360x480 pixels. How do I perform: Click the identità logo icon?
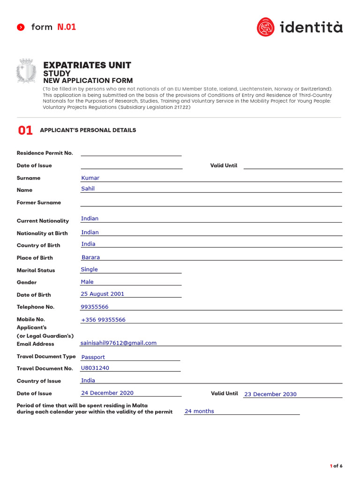[266, 27]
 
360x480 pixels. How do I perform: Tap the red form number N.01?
[67, 27]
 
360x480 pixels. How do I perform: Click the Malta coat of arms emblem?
[26, 71]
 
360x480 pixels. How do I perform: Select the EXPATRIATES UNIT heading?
[87, 65]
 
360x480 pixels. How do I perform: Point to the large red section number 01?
[25, 131]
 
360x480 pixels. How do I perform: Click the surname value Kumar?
[90, 178]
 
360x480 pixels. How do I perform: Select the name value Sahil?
[88, 188]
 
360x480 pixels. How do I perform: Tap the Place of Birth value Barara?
[90, 257]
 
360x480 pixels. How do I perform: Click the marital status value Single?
[89, 270]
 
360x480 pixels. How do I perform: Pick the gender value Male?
[87, 282]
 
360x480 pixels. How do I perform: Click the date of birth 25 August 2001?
[102, 294]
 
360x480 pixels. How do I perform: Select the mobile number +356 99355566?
[103, 320]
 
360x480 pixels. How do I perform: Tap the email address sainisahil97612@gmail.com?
[118, 343]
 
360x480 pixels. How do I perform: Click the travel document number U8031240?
[95, 368]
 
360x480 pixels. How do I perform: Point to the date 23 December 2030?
[270, 394]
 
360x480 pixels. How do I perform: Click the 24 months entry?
[199, 411]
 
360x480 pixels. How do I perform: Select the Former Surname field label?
[39, 202]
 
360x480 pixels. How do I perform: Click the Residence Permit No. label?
[45, 153]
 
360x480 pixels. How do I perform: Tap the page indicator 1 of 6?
[336, 466]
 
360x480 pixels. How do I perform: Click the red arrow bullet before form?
[21, 27]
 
